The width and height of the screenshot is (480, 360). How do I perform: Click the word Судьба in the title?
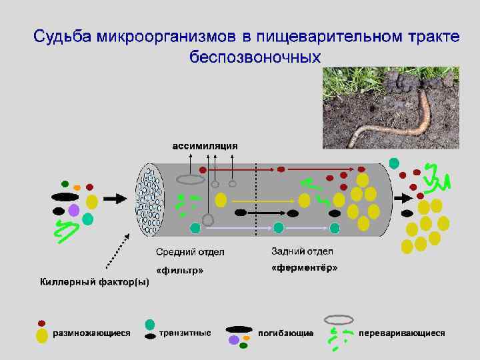pyautogui.click(x=61, y=35)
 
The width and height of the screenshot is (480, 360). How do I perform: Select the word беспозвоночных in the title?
pyautogui.click(x=255, y=55)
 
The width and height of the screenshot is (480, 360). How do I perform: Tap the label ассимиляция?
pyautogui.click(x=205, y=145)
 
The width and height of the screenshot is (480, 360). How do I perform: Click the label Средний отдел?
pyautogui.click(x=190, y=251)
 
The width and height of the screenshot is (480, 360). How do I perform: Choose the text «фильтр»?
pyautogui.click(x=179, y=270)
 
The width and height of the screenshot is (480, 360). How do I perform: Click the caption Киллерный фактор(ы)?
pyautogui.click(x=94, y=281)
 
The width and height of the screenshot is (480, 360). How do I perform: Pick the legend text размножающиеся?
pyautogui.click(x=91, y=331)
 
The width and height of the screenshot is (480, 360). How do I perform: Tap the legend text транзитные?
pyautogui.click(x=185, y=331)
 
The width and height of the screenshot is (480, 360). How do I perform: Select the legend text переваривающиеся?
pyautogui.click(x=401, y=331)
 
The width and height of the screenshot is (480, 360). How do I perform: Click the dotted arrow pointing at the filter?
pyautogui.click(x=113, y=250)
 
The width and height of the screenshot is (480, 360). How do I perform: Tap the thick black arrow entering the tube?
pyautogui.click(x=115, y=198)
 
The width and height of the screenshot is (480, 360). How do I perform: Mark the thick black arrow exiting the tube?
pyautogui.click(x=403, y=198)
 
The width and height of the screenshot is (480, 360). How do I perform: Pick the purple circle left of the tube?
pyautogui.click(x=74, y=210)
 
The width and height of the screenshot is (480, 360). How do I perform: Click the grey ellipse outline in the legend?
pyautogui.click(x=338, y=319)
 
